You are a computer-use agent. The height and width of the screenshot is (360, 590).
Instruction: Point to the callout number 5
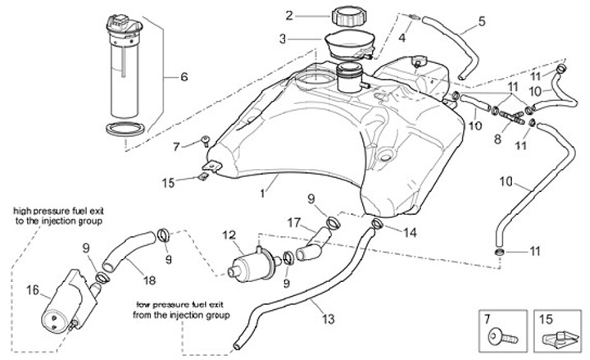point(481,21)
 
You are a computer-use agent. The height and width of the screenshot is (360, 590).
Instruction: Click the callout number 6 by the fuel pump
point(184,77)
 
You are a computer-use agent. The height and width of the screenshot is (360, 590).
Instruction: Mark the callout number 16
point(33,289)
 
